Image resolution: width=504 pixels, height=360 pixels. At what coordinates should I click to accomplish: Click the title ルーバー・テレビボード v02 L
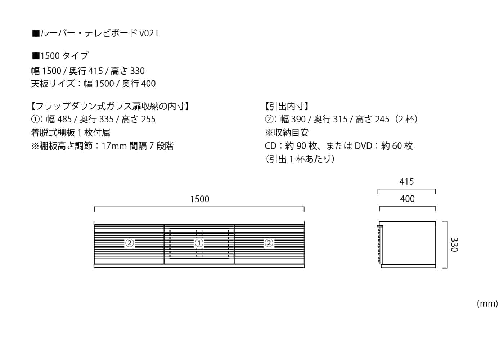[96, 33]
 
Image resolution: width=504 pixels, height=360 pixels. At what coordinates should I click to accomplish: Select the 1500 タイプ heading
[60, 56]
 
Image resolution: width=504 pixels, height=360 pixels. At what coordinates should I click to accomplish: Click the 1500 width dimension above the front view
[199, 199]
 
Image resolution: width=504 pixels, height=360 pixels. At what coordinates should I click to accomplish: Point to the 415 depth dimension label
[406, 181]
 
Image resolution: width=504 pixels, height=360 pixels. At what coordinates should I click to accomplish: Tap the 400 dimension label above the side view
[407, 199]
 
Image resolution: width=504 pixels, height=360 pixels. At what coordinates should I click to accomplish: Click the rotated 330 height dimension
[454, 244]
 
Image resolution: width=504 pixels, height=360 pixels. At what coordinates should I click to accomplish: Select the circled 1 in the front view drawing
[199, 243]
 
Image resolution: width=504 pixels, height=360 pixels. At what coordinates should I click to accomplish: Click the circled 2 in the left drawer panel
[129, 243]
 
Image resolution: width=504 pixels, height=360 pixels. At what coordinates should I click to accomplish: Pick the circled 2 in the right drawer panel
[269, 243]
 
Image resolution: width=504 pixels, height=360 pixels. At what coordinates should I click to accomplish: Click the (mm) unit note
[487, 304]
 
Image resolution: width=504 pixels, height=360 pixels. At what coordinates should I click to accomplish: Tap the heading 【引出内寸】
[287, 106]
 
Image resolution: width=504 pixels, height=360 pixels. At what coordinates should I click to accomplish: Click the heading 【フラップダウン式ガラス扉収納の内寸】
[111, 106]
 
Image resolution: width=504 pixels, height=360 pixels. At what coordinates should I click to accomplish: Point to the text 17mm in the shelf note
[114, 146]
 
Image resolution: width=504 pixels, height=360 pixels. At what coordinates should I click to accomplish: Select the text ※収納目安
[287, 132]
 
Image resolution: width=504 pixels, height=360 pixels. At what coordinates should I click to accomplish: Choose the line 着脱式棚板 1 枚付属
[71, 132]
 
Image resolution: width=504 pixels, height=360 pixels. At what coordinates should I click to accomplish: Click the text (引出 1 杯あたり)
[300, 159]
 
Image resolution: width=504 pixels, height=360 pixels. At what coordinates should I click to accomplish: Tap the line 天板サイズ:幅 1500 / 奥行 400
[93, 84]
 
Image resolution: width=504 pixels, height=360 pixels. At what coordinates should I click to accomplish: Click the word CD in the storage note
[270, 146]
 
